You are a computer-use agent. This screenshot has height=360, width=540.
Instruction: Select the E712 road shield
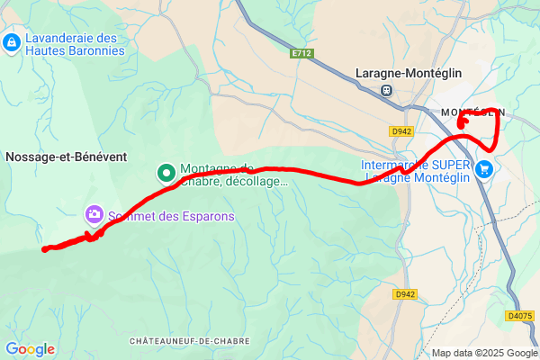coord(301,54)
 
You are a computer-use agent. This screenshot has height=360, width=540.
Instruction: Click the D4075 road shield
coord(519,316)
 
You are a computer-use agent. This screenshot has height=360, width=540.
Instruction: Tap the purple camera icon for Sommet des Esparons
coord(94,214)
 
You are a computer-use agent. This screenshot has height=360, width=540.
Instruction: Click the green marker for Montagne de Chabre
coord(166,173)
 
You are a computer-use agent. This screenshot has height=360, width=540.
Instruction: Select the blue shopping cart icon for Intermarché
coord(485,168)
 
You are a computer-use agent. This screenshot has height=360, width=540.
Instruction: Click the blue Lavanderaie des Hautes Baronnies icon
coord(12,42)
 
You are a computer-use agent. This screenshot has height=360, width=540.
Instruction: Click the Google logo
coord(30,349)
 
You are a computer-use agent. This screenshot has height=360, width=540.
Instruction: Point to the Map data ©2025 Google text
coord(483,352)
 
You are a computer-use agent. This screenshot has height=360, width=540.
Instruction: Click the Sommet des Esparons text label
coord(171,216)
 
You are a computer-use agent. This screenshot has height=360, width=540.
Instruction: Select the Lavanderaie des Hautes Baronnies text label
coord(76,44)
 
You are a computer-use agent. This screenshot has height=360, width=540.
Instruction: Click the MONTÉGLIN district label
coord(472,112)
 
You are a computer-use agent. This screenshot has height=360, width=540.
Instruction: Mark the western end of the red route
coord(44,249)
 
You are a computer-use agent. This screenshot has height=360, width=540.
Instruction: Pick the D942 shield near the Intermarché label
coord(401,131)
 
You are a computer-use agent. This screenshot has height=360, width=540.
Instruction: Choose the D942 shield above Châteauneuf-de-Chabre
coord(405,294)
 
